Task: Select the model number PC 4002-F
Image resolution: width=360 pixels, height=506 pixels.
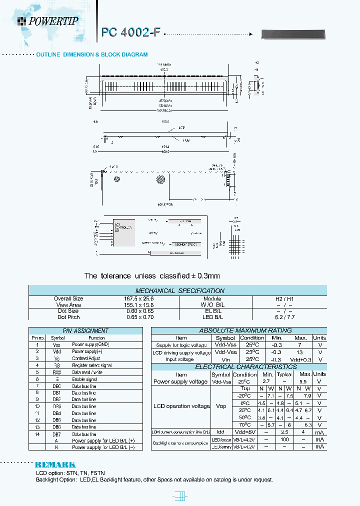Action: pyautogui.click(x=131, y=32)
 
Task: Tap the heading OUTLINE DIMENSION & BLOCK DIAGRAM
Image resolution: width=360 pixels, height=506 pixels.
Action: pyautogui.click(x=91, y=54)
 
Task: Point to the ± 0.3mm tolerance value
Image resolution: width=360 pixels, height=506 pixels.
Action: pyautogui.click(x=199, y=276)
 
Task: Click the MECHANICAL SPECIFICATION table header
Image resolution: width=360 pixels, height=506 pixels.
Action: pyautogui.click(x=180, y=290)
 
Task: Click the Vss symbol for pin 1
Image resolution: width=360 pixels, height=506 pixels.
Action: pyautogui.click(x=56, y=345)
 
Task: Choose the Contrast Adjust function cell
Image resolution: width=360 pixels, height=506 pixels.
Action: pyautogui.click(x=87, y=358)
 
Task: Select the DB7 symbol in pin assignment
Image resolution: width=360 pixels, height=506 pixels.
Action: pyautogui.click(x=56, y=434)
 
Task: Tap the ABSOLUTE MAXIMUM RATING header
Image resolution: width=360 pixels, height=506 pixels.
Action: pyautogui.click(x=238, y=330)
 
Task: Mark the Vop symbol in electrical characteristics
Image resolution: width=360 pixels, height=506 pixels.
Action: pyautogui.click(x=220, y=406)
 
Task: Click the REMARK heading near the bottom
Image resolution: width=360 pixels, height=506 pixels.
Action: pyautogui.click(x=55, y=464)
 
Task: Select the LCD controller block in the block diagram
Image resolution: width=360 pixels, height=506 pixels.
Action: pyautogui.click(x=124, y=232)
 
